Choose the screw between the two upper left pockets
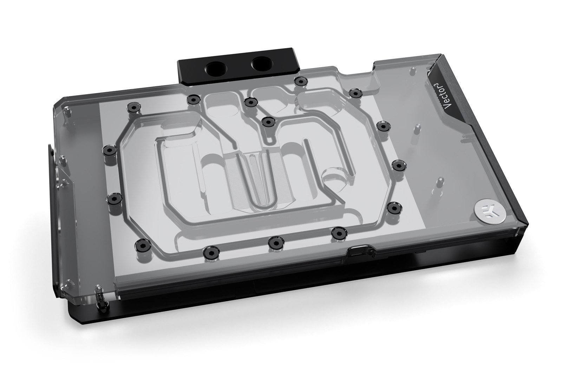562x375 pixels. click(x=250, y=102)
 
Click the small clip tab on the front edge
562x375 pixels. click(x=359, y=250)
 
